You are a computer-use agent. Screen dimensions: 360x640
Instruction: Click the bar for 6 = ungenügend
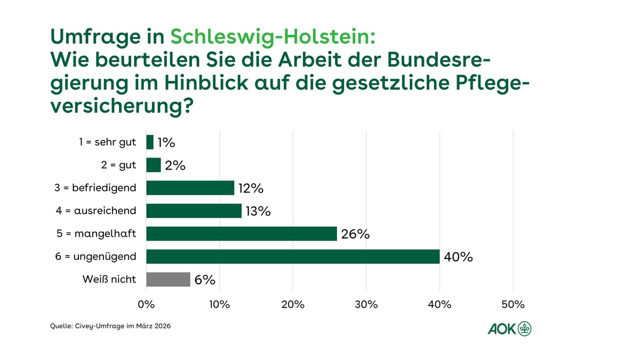pos(293,257)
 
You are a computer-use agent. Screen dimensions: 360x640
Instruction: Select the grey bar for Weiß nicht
pos(168,279)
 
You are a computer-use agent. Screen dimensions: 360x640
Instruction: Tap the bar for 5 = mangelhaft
pos(242,234)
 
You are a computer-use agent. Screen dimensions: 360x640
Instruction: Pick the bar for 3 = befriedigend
pos(190,188)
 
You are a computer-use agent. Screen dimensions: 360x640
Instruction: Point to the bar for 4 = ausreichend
pos(194,211)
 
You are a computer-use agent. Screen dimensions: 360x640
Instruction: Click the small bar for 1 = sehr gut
pos(150,142)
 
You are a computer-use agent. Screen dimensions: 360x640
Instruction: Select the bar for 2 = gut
pos(154,165)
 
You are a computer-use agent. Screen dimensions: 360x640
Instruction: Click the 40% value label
pos(459,257)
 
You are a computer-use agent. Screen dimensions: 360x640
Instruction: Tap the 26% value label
pos(355,234)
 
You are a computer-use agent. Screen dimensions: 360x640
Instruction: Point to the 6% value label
pos(205,280)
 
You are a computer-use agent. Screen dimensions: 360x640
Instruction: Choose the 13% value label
pos(258,211)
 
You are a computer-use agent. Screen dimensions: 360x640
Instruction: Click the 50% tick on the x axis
pos(513,305)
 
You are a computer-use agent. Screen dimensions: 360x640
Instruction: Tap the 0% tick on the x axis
pos(146,305)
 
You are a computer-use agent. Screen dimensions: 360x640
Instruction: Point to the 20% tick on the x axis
pos(293,305)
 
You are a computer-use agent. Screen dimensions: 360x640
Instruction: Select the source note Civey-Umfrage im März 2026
pos(110,326)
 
